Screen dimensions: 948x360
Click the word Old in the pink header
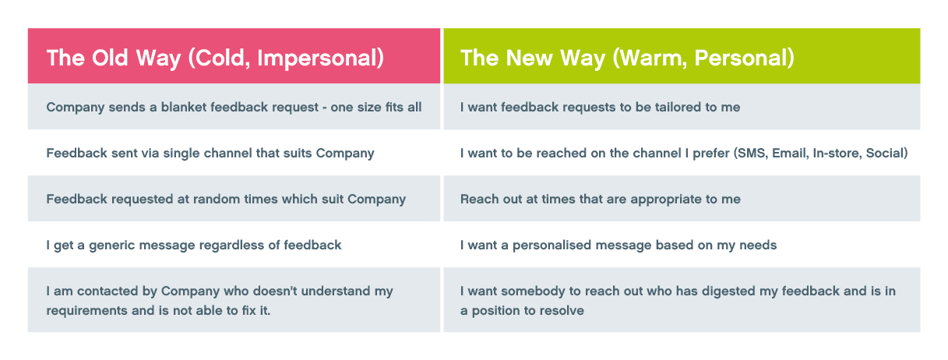pos(110,58)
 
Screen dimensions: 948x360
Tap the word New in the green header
pos(530,58)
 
